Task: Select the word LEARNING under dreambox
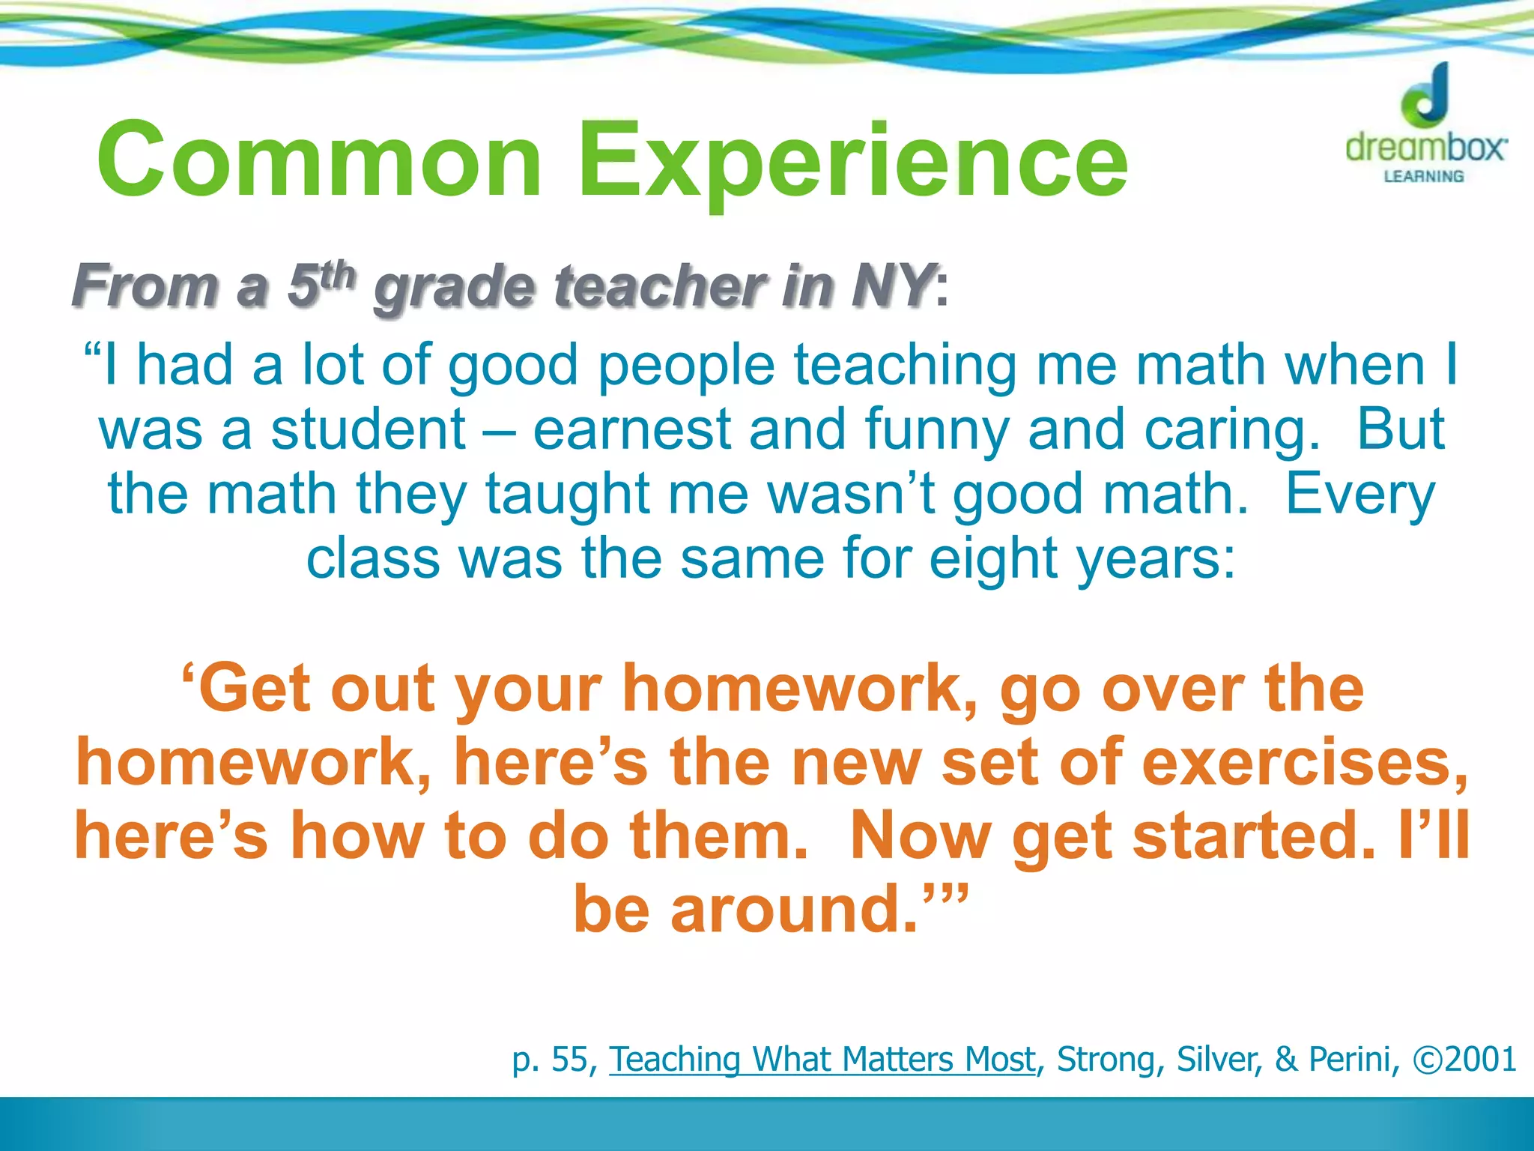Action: click(x=1424, y=177)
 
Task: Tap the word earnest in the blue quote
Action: click(x=631, y=429)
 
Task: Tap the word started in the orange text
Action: click(x=1255, y=836)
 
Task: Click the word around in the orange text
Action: click(x=794, y=909)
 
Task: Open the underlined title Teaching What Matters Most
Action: click(x=822, y=1059)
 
